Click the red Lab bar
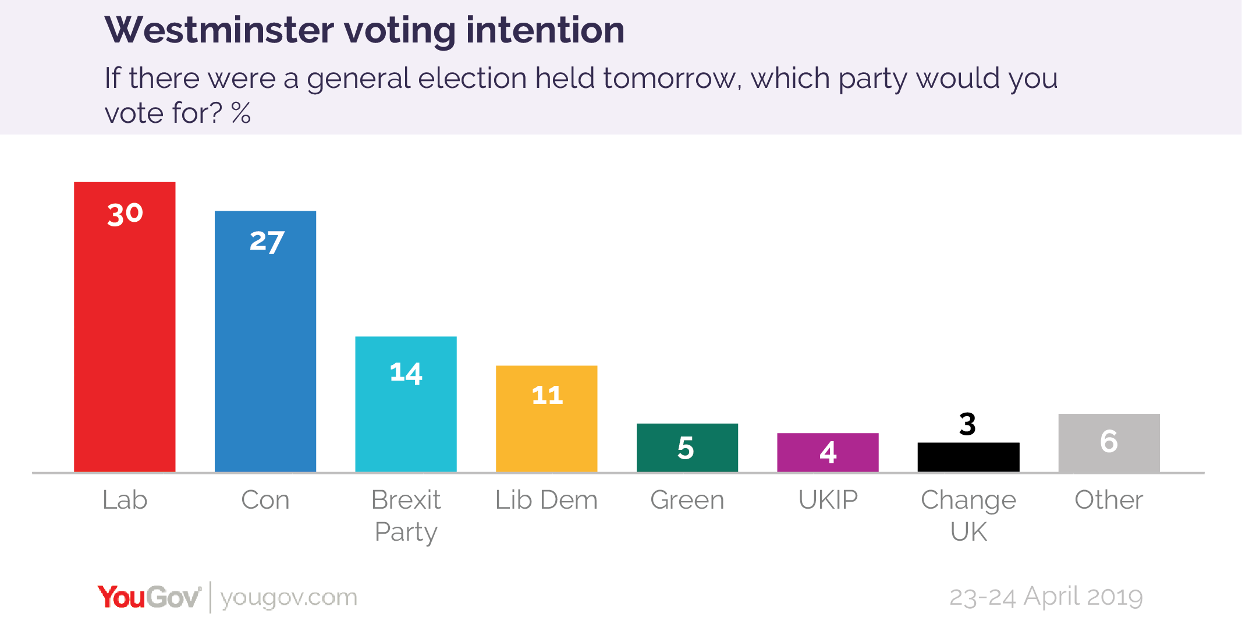tap(125, 349)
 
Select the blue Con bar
tap(265, 361)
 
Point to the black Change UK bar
tap(968, 457)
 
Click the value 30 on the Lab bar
tap(125, 214)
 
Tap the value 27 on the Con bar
tap(267, 241)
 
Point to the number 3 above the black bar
tap(967, 424)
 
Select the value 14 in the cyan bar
tap(406, 372)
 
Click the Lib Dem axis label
tap(547, 500)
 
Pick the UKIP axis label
tap(828, 500)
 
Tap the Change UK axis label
tap(968, 515)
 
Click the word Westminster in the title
tap(219, 30)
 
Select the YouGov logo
tap(149, 597)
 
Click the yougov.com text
tap(289, 598)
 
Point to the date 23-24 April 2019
tap(1046, 597)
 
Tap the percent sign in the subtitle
tap(241, 113)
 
